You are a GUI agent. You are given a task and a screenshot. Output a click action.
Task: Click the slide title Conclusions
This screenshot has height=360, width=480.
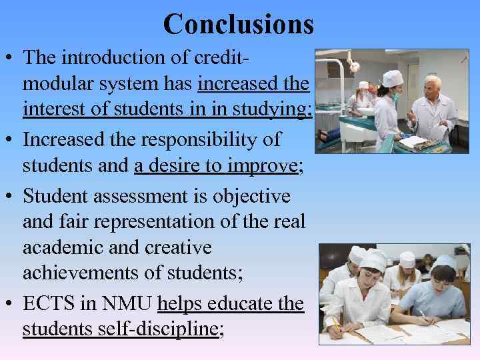click(x=238, y=24)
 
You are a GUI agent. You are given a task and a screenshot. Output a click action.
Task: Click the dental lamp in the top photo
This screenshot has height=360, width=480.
click(x=353, y=65)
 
